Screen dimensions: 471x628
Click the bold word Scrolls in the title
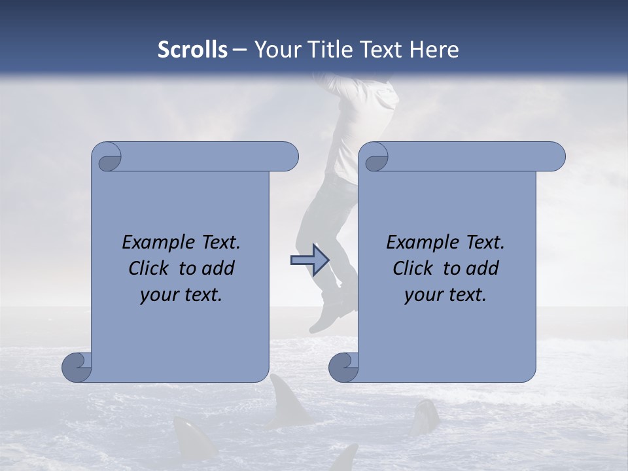193,50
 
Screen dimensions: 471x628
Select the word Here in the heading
434,50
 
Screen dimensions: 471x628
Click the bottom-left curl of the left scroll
77,366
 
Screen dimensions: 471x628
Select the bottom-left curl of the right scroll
344,366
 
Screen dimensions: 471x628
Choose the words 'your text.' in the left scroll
181,295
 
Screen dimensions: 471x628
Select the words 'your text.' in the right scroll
445,295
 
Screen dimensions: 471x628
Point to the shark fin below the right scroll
425,416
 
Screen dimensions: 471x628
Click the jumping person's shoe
326,317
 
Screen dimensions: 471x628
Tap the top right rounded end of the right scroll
553,156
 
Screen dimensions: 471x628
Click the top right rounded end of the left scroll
286,156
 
